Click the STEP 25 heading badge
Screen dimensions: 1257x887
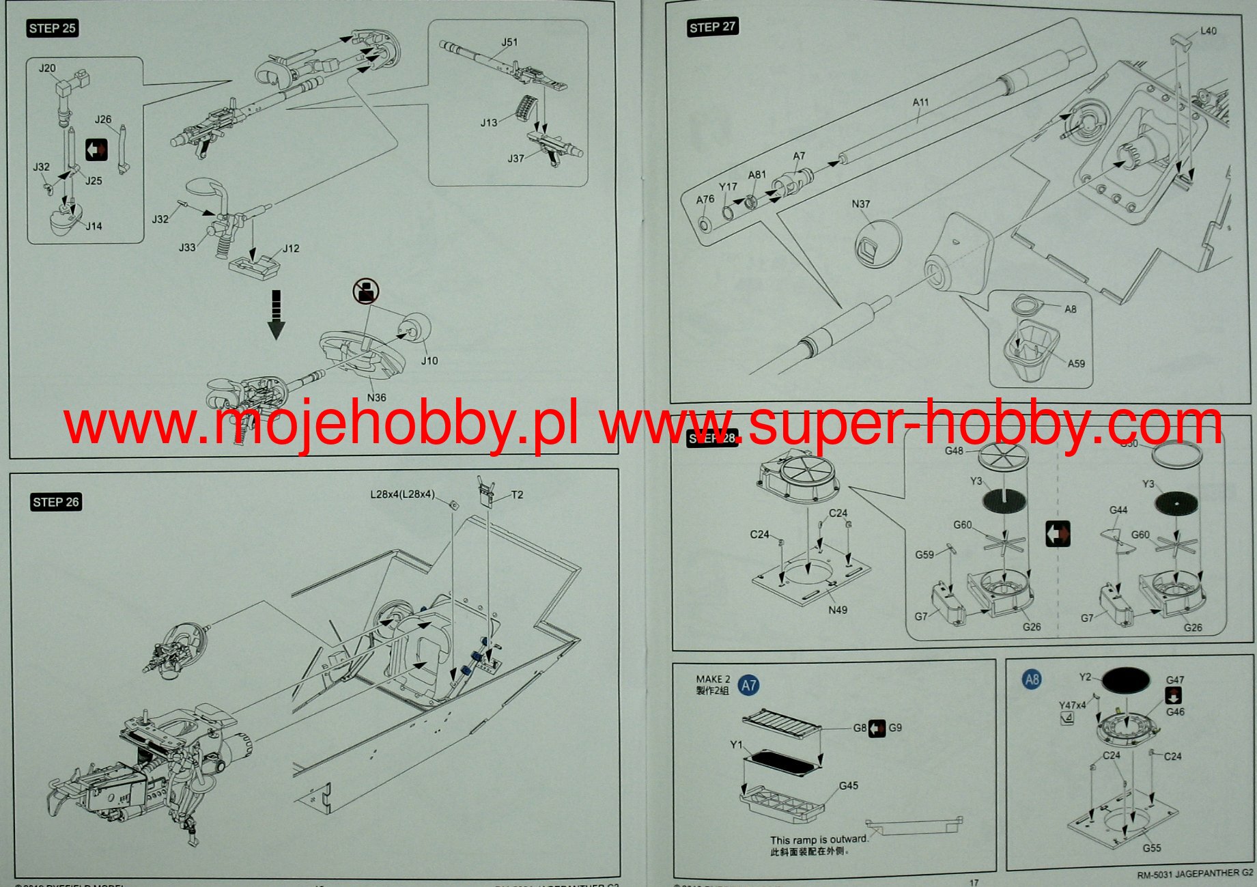click(x=53, y=28)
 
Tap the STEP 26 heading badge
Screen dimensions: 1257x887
click(x=56, y=502)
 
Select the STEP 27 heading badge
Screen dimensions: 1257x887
click(x=712, y=27)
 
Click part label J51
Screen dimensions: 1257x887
click(x=509, y=42)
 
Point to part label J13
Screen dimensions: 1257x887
click(x=488, y=123)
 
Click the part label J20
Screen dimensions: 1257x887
click(x=47, y=68)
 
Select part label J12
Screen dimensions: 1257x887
click(x=291, y=249)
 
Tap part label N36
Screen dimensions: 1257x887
click(x=376, y=397)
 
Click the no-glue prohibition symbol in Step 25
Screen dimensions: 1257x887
click(x=366, y=292)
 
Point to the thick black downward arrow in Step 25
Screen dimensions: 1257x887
click(x=276, y=315)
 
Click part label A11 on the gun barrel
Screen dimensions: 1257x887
click(x=920, y=102)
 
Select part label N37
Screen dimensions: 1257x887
click(x=861, y=203)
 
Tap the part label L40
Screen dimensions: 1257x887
click(x=1208, y=31)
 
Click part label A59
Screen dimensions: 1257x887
click(x=1076, y=363)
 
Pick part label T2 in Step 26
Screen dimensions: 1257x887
click(x=517, y=494)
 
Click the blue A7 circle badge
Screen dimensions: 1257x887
click(x=749, y=685)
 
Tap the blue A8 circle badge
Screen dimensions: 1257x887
click(x=1032, y=679)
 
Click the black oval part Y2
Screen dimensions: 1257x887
click(x=1126, y=680)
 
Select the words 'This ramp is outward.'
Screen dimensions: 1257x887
click(x=818, y=840)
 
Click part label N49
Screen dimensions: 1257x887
click(x=838, y=610)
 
